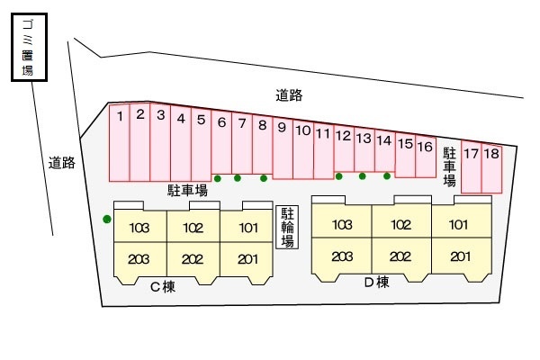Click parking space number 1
[x=119, y=142]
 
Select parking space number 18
[x=490, y=166]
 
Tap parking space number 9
[x=282, y=148]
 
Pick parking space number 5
[x=201, y=144]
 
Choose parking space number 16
[x=425, y=157]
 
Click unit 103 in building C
[x=139, y=229]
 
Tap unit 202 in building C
[x=193, y=259]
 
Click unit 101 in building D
[x=459, y=225]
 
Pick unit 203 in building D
[x=341, y=256]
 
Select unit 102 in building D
[x=400, y=225]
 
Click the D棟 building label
[x=376, y=283]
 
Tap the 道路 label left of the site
[x=61, y=164]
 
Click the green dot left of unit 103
[x=107, y=219]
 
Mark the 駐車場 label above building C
[x=188, y=190]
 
